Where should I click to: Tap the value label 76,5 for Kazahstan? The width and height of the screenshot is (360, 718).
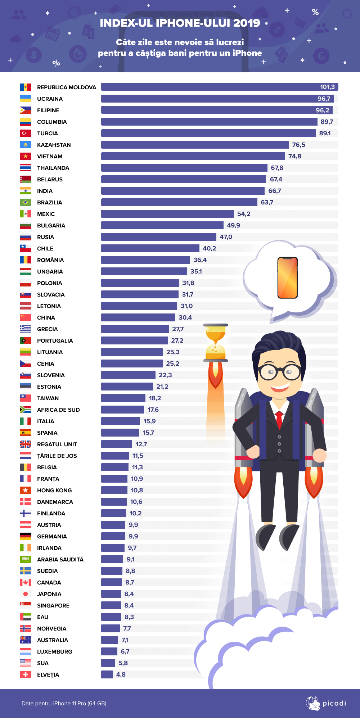tap(298, 145)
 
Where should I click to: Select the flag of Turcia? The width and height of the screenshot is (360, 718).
tap(25, 133)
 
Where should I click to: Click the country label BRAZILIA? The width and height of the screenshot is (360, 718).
tap(49, 202)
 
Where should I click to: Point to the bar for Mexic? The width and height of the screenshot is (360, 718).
tap(167, 214)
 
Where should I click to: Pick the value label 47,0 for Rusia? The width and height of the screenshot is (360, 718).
tap(226, 237)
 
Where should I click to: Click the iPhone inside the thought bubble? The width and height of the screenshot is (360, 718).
tap(287, 277)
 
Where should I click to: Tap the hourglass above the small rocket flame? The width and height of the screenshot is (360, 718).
tap(215, 343)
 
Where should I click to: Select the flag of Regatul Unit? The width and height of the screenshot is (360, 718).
tap(25, 444)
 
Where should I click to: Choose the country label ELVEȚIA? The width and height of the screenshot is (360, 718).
tap(48, 674)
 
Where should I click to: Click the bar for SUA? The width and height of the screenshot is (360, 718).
tap(108, 663)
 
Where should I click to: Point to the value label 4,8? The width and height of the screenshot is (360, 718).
tap(121, 674)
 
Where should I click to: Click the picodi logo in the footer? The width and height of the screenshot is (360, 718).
tap(326, 703)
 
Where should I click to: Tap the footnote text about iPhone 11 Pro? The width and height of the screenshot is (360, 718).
tap(64, 703)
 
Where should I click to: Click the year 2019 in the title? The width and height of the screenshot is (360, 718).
tap(247, 23)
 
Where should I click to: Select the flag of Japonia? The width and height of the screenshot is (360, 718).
tap(25, 594)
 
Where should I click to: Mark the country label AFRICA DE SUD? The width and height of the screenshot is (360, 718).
tap(58, 410)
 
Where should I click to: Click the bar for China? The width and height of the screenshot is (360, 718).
tap(138, 317)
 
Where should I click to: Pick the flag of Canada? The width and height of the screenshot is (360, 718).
tap(25, 582)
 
